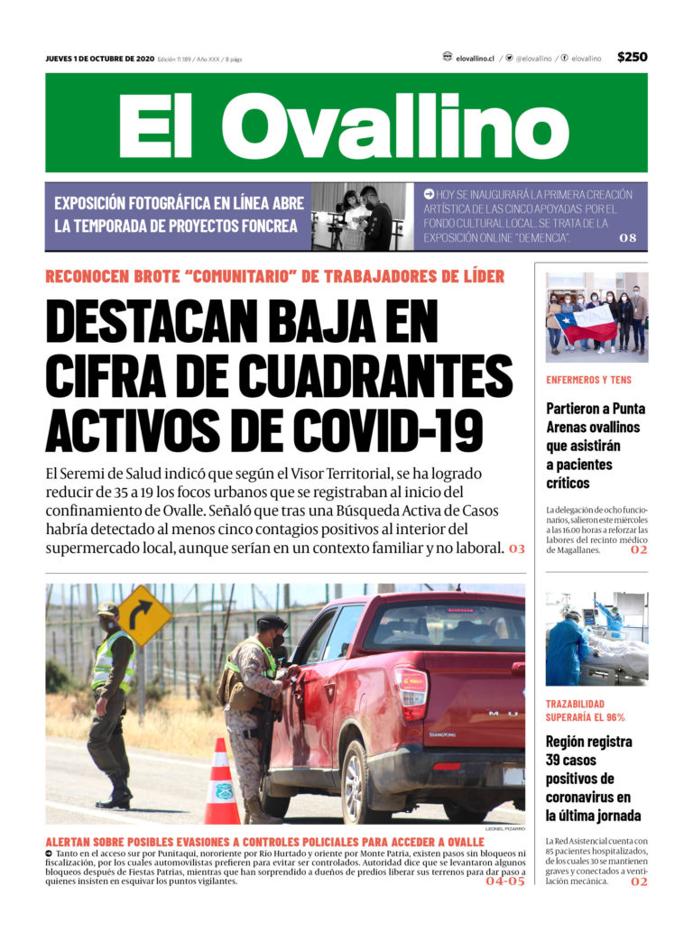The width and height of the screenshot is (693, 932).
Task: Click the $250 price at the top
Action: point(632,57)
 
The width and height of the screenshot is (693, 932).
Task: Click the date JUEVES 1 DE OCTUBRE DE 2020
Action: point(100,59)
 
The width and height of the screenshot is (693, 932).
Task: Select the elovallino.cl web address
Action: point(475,58)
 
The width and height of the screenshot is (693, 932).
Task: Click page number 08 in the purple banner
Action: point(628,238)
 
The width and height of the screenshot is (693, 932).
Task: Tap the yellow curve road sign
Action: point(144,614)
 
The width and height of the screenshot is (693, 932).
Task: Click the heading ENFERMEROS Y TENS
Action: point(588,380)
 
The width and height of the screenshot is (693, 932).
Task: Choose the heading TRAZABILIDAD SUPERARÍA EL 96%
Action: point(586,710)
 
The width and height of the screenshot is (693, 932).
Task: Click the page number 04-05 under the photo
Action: point(504,881)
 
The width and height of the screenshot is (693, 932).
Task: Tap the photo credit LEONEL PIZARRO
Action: point(504,828)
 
